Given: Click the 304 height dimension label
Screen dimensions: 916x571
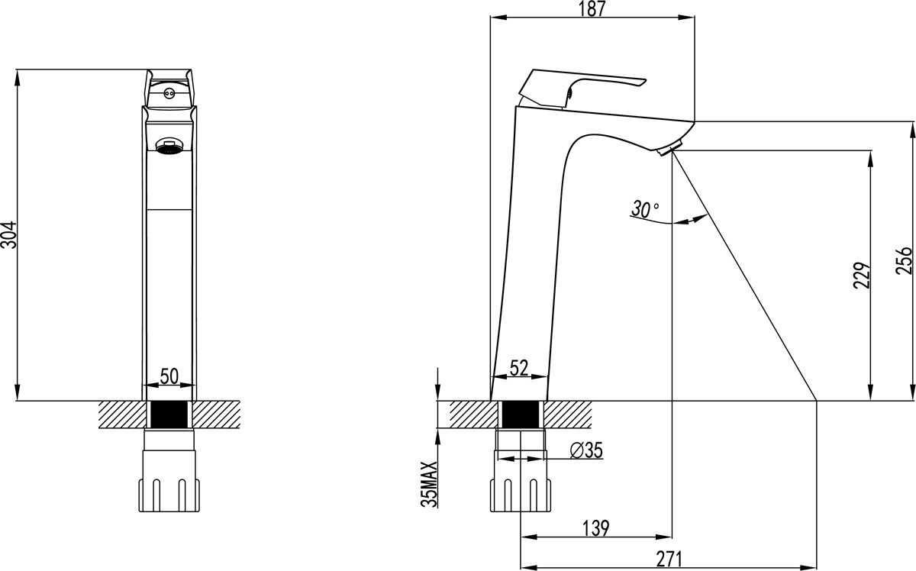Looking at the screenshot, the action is click(8, 235).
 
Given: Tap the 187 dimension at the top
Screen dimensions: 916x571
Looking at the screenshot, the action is click(592, 8).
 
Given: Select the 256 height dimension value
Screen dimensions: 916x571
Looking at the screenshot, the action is click(904, 260).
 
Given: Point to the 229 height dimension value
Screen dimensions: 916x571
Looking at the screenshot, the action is click(862, 276).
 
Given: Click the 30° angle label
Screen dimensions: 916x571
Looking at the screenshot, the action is click(645, 209).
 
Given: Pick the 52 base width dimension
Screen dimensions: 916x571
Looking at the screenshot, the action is click(519, 368).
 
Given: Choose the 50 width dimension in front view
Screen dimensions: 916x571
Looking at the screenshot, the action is click(169, 376).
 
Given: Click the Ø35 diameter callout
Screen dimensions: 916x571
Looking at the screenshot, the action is click(586, 450).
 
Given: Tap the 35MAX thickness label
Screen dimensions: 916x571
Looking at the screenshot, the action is click(429, 484).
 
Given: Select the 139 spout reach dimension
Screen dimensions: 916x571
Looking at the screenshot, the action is click(596, 528).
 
